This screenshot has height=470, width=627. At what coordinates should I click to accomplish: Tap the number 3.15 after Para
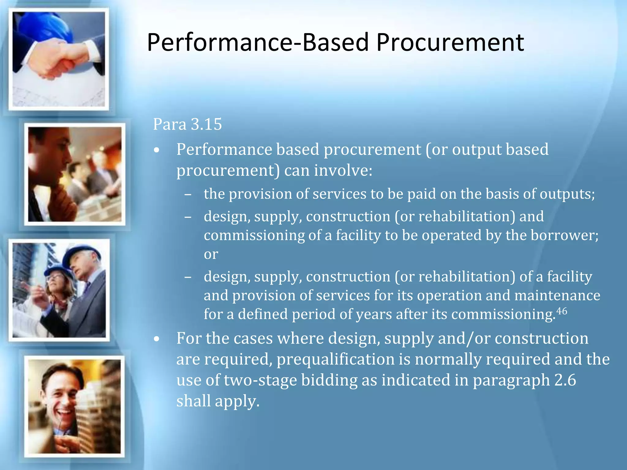pyautogui.click(x=206, y=124)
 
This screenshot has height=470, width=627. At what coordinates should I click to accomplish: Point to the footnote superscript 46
pyautogui.click(x=561, y=311)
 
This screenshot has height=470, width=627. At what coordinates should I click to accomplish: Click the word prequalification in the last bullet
pyautogui.click(x=336, y=359)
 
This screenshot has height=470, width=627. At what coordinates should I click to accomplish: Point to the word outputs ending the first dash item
pyautogui.click(x=567, y=194)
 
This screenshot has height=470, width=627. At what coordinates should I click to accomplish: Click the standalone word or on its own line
pyautogui.click(x=211, y=254)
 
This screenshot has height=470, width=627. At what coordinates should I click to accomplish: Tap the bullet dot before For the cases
pyautogui.click(x=157, y=339)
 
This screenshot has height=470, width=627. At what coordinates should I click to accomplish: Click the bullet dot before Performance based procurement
pyautogui.click(x=157, y=150)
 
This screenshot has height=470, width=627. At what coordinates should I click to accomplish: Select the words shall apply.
pyautogui.click(x=218, y=401)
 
